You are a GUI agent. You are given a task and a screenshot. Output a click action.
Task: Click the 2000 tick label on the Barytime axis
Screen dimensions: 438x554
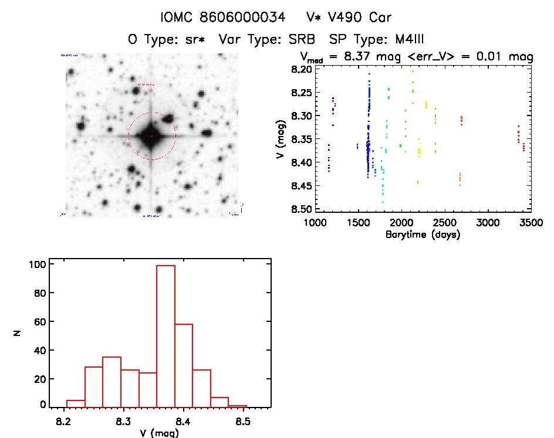401,223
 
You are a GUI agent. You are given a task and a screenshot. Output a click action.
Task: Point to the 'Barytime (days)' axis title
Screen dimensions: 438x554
423,235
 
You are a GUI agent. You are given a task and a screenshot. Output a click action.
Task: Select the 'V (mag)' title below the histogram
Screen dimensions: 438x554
160,433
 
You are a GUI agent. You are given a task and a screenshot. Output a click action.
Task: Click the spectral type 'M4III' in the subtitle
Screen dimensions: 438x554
403,40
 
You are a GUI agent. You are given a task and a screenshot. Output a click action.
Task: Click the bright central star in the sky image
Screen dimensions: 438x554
151,136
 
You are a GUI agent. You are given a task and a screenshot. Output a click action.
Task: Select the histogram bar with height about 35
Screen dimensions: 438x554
112,382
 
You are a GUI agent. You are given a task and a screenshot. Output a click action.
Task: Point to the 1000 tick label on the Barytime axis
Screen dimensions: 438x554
315,223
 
